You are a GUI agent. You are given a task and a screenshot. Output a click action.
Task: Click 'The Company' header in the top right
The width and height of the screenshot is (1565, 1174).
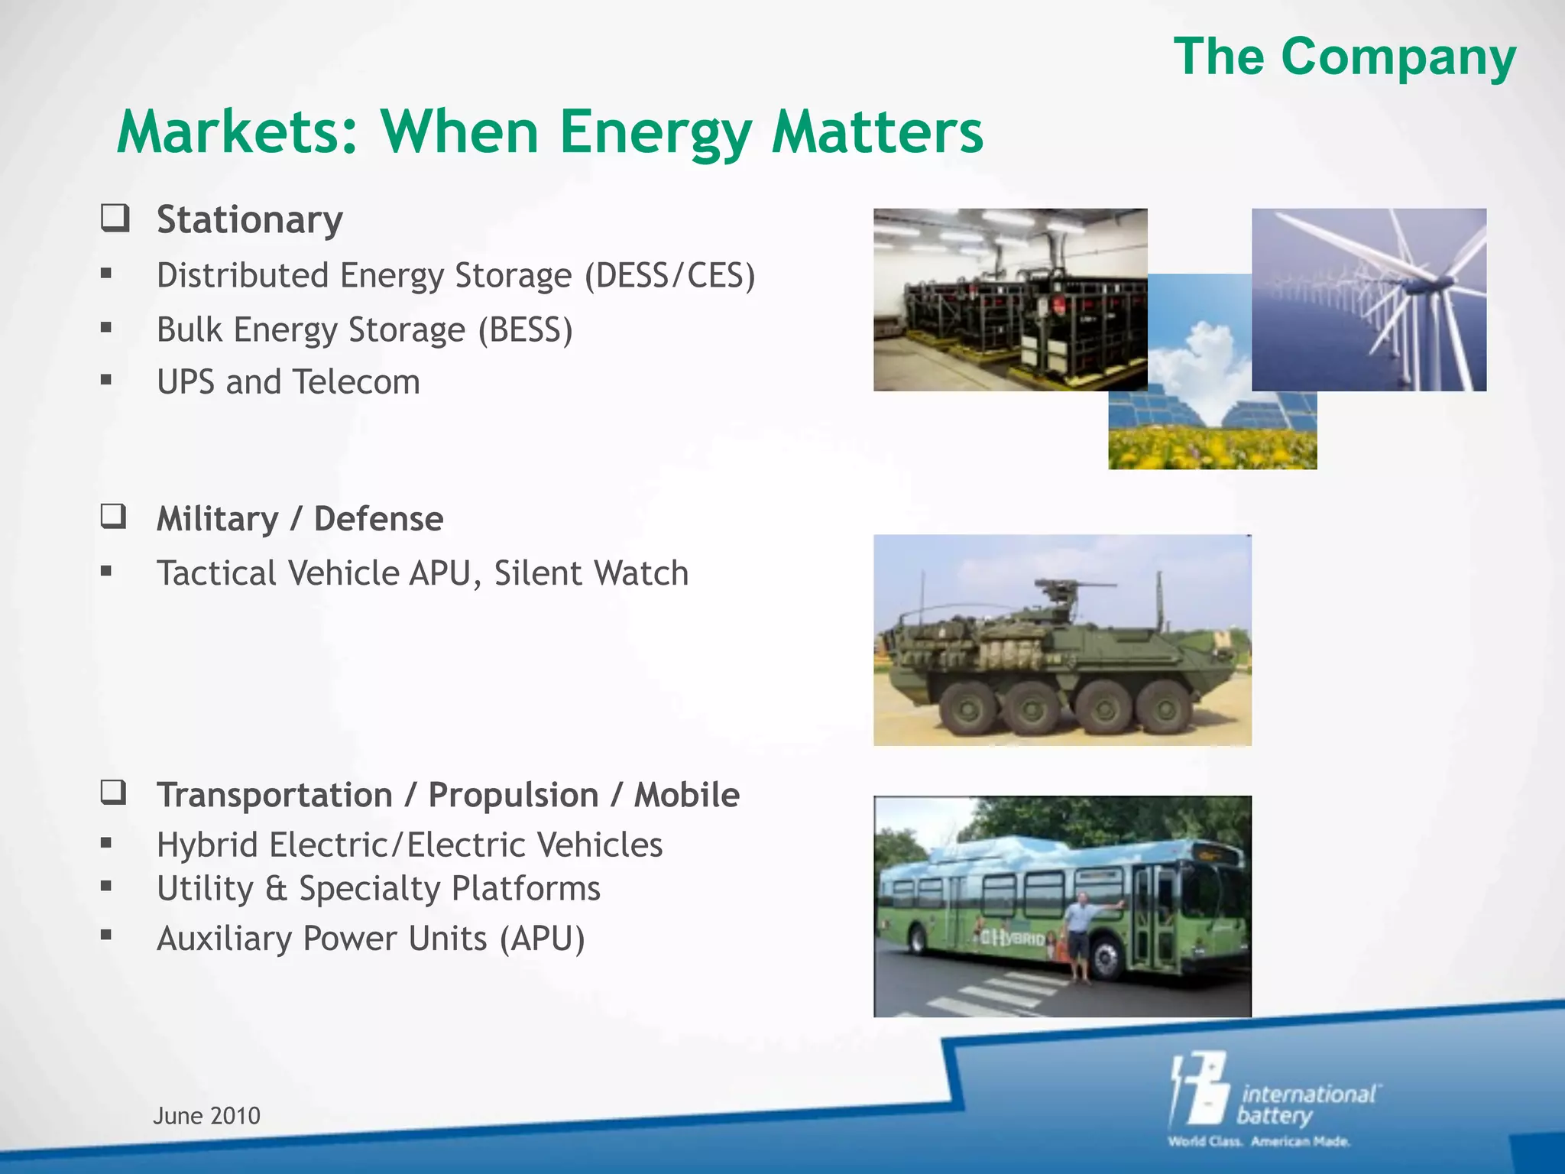pyautogui.click(x=1345, y=57)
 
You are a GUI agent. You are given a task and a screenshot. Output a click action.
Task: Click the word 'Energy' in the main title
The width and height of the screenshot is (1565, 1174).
pyautogui.click(x=655, y=132)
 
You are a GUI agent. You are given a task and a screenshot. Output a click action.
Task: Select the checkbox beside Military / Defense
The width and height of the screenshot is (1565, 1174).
pyautogui.click(x=114, y=517)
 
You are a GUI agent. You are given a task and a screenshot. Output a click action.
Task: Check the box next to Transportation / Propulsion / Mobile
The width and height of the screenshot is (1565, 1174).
pyautogui.click(x=114, y=793)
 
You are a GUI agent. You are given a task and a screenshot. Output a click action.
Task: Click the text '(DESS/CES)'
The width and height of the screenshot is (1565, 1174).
pyautogui.click(x=669, y=276)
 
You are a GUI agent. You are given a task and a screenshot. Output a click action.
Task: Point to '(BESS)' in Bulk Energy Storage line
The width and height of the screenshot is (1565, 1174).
pyautogui.click(x=525, y=330)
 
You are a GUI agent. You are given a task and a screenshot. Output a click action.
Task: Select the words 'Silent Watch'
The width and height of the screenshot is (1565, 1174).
pyautogui.click(x=591, y=573)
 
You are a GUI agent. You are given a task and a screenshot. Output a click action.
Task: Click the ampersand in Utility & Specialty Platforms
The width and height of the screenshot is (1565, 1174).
pyautogui.click(x=276, y=889)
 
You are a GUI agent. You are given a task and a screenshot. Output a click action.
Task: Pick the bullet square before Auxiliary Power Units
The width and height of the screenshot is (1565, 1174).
pyautogui.click(x=106, y=934)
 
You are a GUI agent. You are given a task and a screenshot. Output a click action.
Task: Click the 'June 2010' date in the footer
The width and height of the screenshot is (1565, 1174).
pyautogui.click(x=206, y=1116)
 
